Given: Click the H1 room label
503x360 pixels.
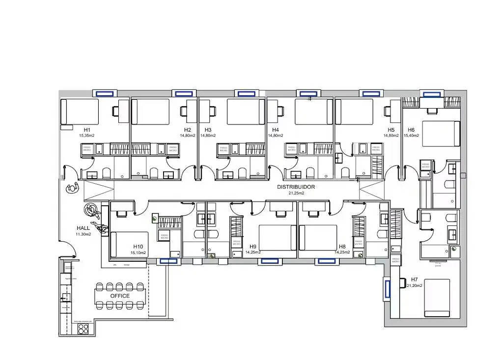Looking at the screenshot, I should (86, 130).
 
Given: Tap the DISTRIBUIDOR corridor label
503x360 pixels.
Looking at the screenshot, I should (296, 187).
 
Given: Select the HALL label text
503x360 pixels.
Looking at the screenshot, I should (83, 228).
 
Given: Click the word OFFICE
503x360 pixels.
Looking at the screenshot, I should (120, 296).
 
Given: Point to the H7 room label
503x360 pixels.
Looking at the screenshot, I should (414, 279).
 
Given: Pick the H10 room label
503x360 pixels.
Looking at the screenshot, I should (138, 247).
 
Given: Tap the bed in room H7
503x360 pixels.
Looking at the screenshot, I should (437, 298).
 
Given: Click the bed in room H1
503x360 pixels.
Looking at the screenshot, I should (80, 112).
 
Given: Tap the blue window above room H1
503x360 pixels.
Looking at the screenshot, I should (105, 93).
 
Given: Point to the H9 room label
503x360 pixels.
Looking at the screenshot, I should (253, 247).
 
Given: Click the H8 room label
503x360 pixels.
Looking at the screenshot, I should (341, 247).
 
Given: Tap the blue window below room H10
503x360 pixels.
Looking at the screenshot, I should (168, 261).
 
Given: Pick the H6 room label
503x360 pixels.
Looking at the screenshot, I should (411, 130).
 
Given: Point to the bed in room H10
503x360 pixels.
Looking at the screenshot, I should (130, 245).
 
